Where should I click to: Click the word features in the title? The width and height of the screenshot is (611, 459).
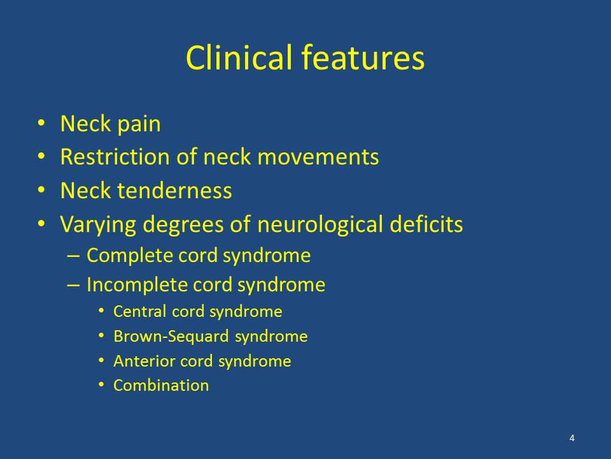tap(363, 57)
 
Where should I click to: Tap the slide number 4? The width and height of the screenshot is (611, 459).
tap(572, 438)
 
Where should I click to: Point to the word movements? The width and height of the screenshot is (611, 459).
tap(318, 157)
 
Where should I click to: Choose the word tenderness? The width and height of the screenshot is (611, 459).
tap(174, 191)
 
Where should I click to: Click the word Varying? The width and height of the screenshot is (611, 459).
tap(98, 225)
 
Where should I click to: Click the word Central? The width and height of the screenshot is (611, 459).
tap(139, 312)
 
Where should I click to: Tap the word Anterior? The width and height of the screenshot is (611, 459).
tap(144, 361)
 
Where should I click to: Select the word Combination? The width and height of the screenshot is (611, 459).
tap(161, 386)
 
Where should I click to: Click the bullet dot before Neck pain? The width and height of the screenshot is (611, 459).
tap(41, 123)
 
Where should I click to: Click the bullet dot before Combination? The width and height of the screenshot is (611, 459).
tap(101, 385)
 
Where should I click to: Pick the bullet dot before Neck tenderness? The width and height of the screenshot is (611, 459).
tap(41, 190)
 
